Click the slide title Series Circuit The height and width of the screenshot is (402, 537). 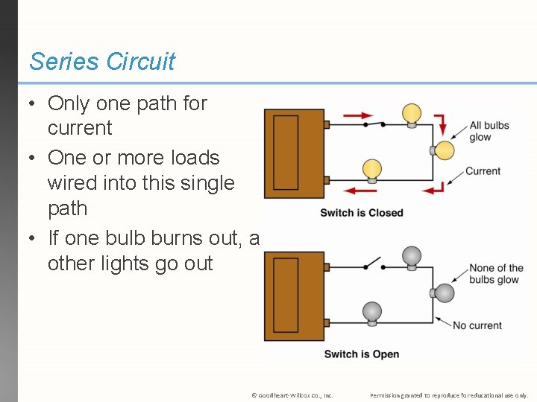(x=102, y=61)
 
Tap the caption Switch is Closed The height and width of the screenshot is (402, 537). (x=361, y=213)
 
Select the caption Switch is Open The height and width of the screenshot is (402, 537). (x=361, y=354)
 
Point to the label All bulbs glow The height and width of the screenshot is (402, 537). (x=489, y=131)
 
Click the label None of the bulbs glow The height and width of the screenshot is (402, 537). (x=496, y=274)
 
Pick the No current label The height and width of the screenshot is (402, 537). (x=477, y=325)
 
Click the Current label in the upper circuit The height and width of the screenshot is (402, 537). (x=483, y=171)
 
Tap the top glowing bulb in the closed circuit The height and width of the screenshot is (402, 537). (x=412, y=115)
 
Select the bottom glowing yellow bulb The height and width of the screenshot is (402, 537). (x=371, y=170)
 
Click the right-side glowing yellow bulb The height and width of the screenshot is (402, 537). (x=443, y=150)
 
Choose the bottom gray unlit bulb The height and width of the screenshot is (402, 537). (x=371, y=312)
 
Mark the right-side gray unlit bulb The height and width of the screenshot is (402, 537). (x=444, y=293)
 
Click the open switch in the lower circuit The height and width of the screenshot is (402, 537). (x=373, y=264)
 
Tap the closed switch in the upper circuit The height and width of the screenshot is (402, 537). (x=374, y=124)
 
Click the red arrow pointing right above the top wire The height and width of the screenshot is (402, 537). (x=359, y=116)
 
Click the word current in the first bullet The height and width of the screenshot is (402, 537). (x=80, y=128)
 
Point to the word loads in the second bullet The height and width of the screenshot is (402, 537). (x=194, y=158)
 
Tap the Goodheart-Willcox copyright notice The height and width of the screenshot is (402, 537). (x=292, y=395)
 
